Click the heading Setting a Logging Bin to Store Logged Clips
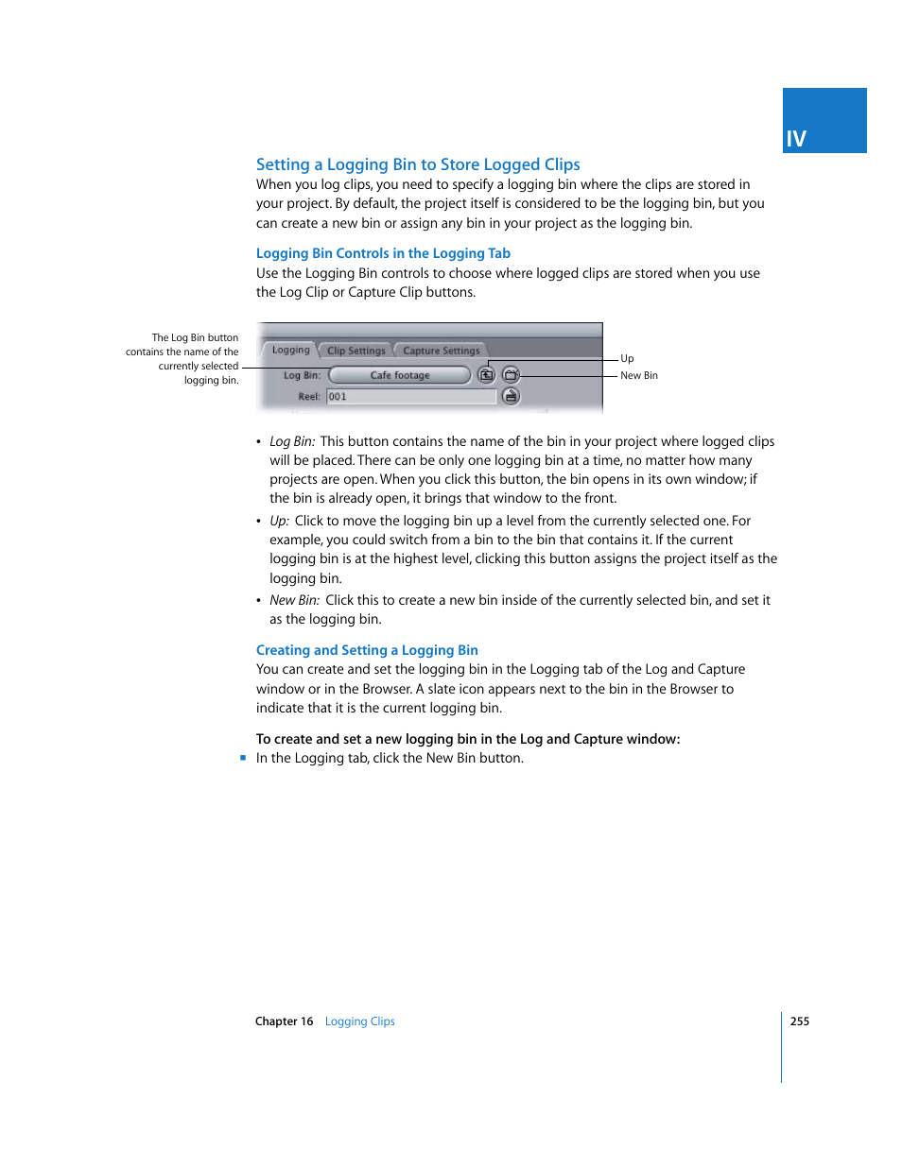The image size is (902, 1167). point(418,164)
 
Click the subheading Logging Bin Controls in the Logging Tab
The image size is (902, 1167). point(383,253)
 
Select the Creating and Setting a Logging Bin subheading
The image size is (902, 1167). point(367,650)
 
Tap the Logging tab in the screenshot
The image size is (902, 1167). point(290,350)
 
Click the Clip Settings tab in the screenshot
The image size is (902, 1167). point(356,351)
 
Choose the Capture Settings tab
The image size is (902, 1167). point(441,351)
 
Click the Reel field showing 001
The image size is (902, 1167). point(411,397)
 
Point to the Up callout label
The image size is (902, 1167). point(627,358)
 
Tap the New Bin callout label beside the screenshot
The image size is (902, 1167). point(639,375)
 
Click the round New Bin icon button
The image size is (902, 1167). point(511,375)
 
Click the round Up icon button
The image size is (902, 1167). point(486,375)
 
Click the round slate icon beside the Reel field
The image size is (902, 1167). point(511,397)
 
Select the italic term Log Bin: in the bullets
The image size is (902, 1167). point(292,441)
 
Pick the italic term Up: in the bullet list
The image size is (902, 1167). point(279,521)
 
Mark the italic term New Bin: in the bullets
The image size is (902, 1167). point(295,600)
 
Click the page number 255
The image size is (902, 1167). point(800,1021)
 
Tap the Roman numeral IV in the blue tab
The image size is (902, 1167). point(796,140)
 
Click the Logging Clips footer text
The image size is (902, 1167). point(360,1021)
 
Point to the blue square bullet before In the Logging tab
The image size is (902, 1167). point(243,758)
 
